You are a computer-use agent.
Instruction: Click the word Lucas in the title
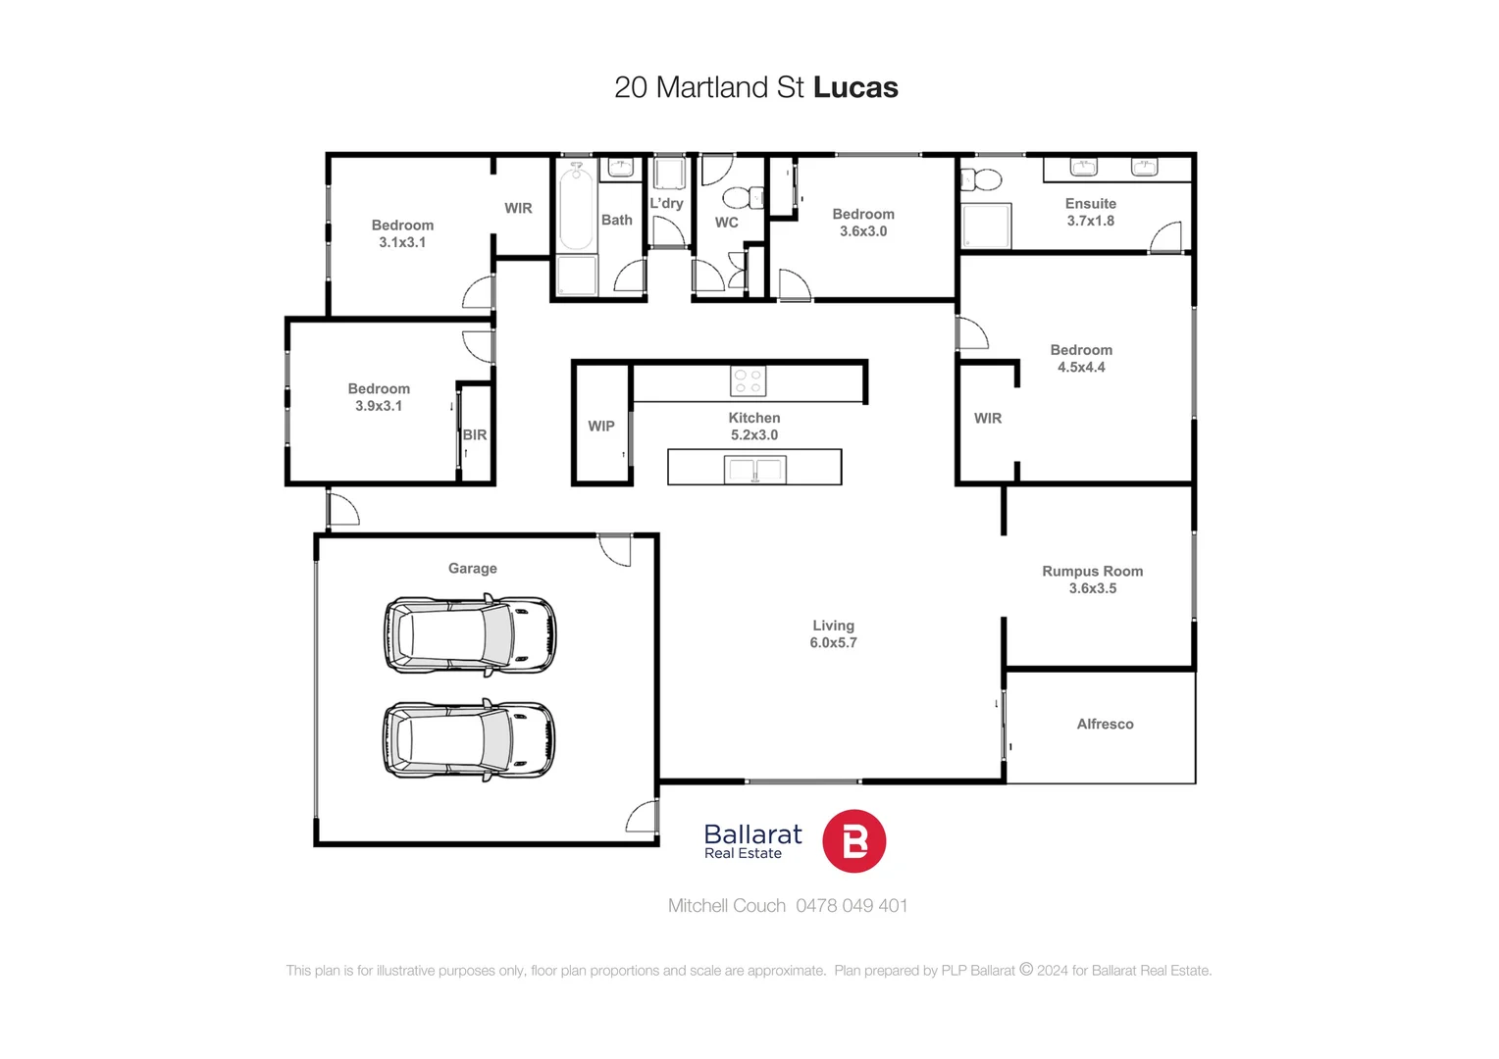855,87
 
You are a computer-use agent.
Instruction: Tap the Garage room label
472,569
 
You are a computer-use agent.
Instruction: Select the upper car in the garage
469,635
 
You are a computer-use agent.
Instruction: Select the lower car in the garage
469,740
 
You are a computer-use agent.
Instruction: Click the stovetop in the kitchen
748,381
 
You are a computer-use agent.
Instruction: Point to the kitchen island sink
754,470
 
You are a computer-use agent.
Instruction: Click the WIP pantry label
601,427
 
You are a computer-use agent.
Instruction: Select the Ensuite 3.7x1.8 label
1091,212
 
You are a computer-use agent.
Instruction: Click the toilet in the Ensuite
982,179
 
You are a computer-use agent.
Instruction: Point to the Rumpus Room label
1092,572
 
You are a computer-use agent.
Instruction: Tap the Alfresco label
1105,725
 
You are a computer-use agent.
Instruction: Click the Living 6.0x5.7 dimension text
833,643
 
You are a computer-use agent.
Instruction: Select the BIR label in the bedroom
475,435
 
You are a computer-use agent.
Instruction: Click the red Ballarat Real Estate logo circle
853,841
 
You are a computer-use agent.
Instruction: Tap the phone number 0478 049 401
852,906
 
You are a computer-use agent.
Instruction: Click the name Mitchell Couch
727,906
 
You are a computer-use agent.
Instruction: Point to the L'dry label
666,204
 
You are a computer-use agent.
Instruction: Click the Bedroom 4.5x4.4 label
1081,359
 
